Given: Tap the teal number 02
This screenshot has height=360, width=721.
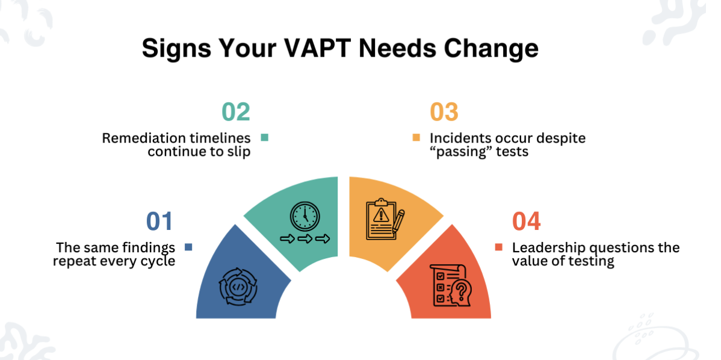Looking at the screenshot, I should click(235, 112).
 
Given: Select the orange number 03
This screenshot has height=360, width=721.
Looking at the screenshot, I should click(444, 112).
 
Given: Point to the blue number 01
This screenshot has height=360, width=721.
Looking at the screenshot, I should click(159, 221).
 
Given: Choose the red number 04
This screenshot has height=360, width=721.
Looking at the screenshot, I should click(526, 221).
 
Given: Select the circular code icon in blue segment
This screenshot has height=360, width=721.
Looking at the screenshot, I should click(239, 286).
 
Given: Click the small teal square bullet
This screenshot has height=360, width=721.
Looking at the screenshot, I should click(264, 138).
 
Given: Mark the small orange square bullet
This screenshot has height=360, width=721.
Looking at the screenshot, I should click(416, 138).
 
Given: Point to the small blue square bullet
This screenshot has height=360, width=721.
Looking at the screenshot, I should click(188, 247).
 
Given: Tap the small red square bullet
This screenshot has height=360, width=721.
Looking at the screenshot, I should click(498, 247).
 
